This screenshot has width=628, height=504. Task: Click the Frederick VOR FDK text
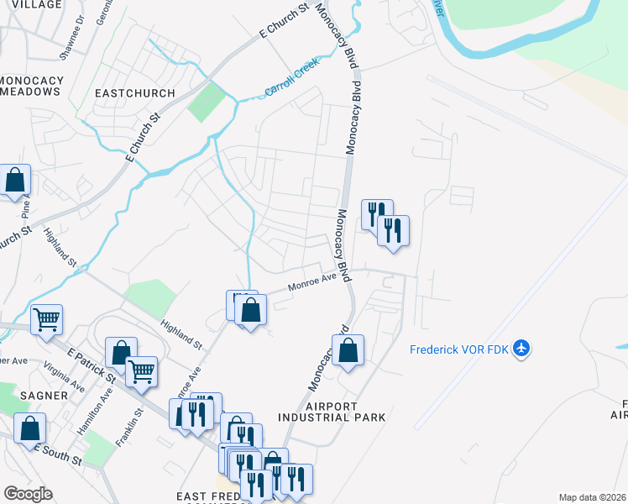pyautogui.click(x=459, y=349)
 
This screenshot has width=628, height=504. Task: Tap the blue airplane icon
pyautogui.click(x=522, y=348)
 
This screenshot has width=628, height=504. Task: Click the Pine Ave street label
pyautogui.click(x=27, y=205)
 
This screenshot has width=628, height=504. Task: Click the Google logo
pyautogui.click(x=28, y=494)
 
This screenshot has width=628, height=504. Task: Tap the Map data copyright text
pyautogui.click(x=593, y=497)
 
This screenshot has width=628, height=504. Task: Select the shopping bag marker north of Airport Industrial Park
pyautogui.click(x=348, y=351)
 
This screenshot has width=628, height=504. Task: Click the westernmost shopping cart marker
pyautogui.click(x=46, y=319)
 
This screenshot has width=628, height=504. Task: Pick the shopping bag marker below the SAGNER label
pyautogui.click(x=30, y=428)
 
